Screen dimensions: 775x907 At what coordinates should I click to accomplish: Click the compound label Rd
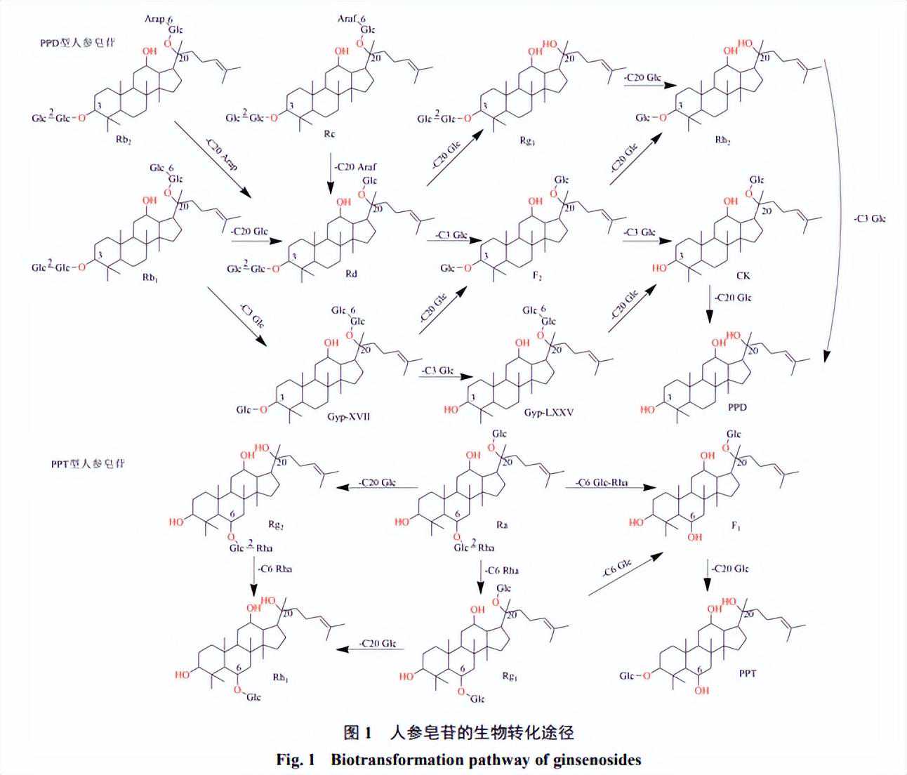point(350,274)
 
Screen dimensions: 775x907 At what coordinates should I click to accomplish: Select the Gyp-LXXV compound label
point(548,413)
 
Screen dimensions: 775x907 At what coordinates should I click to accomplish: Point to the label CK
point(743,275)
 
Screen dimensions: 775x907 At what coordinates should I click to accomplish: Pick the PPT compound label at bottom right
point(747,673)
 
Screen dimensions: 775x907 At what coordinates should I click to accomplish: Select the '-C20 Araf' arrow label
point(355,166)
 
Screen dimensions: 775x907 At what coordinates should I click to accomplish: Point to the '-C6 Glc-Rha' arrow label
point(601,483)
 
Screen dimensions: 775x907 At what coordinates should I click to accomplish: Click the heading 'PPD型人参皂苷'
point(77,43)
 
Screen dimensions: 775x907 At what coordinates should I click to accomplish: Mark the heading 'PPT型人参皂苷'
point(88,464)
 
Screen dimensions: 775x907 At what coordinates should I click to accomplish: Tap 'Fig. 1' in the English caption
point(298,760)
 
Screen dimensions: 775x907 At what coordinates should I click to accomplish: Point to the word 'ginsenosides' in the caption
point(596,760)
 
